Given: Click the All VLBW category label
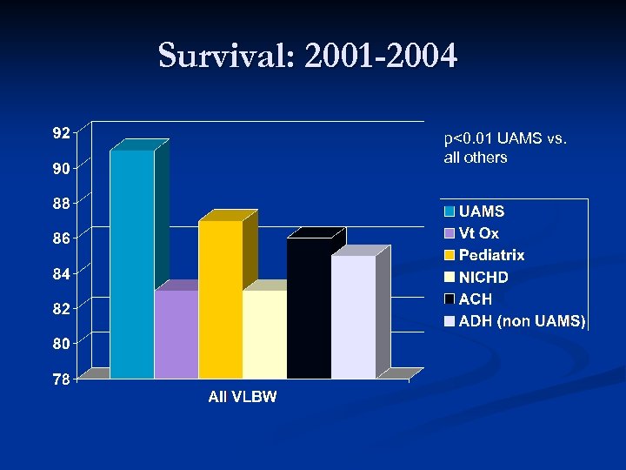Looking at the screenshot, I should click(x=243, y=397).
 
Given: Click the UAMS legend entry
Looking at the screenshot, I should click(x=481, y=211).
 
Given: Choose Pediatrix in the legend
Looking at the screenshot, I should click(x=491, y=255).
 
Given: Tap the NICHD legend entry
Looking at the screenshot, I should click(x=483, y=278).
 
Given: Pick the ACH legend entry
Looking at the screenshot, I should click(x=475, y=299).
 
